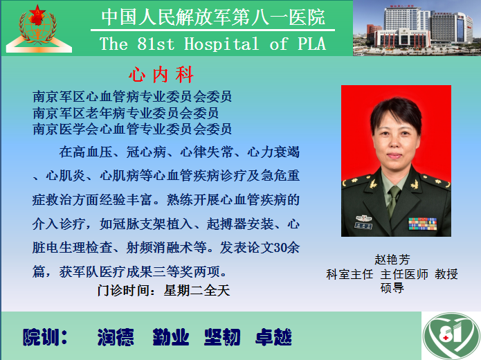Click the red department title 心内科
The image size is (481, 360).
[161, 75]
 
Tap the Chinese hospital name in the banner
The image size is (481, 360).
[213, 17]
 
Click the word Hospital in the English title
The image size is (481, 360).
[221, 44]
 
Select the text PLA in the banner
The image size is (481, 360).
[311, 44]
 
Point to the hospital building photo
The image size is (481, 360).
[417, 28]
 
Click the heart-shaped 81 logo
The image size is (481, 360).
[451, 336]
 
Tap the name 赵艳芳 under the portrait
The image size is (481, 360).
[392, 260]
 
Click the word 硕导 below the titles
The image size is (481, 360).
[392, 288]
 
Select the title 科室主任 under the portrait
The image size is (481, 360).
[350, 274]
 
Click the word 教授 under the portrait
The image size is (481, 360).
[446, 274]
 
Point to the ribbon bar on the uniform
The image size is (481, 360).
[422, 224]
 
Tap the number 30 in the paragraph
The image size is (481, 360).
[280, 248]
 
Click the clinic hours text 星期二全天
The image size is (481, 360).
[197, 290]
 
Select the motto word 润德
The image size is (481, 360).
[116, 337]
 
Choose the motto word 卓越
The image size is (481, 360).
[273, 337]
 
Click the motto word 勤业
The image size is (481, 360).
[171, 337]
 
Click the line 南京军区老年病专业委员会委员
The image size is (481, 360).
[125, 113]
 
